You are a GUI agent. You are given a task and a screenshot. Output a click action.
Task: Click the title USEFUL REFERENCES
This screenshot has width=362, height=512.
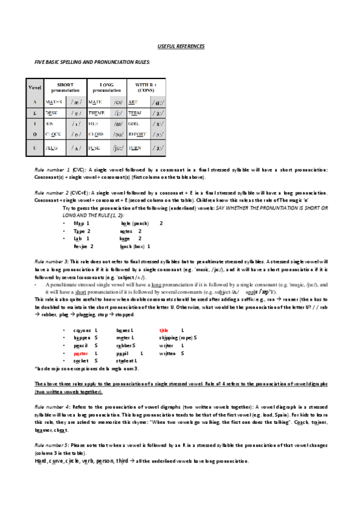[x=181, y=46]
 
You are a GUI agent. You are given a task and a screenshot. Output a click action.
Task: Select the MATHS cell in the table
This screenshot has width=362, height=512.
[x=54, y=103]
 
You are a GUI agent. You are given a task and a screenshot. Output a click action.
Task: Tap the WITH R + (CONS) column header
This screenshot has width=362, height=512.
[x=146, y=87]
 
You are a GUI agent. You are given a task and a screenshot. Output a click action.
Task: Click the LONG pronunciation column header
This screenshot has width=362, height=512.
[x=106, y=87]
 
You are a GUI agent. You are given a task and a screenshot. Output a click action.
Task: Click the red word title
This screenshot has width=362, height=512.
[x=163, y=330]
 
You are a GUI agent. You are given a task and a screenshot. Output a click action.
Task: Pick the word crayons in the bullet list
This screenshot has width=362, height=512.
[x=82, y=330]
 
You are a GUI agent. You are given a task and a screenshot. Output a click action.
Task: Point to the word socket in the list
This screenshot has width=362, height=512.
[x=81, y=360]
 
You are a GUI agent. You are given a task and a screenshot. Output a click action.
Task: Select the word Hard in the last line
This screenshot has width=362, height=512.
[x=42, y=461]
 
